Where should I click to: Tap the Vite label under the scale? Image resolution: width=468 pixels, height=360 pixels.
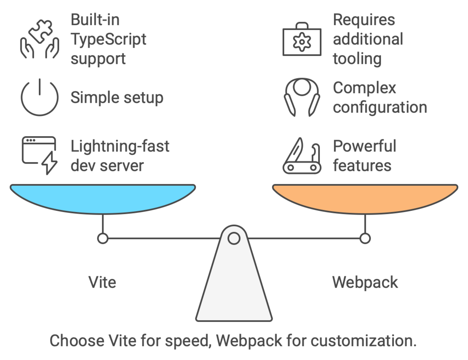pyautogui.click(x=102, y=282)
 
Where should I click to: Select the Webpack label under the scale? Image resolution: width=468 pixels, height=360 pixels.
pyautogui.click(x=365, y=282)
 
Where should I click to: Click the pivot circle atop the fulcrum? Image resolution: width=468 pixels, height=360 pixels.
pyautogui.click(x=234, y=238)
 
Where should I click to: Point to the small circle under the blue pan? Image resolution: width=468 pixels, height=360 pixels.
pyautogui.click(x=103, y=238)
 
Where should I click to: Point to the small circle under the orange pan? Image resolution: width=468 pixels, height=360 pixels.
pyautogui.click(x=365, y=238)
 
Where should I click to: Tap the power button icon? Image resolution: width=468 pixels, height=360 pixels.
pyautogui.click(x=39, y=97)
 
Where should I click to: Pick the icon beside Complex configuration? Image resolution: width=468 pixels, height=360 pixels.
pyautogui.click(x=302, y=97)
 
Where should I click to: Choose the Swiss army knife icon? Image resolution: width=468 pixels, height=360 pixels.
pyautogui.click(x=302, y=156)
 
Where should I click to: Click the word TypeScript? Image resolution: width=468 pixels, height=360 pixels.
pyautogui.click(x=108, y=39)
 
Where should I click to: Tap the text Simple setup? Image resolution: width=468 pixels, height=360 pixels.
pyautogui.click(x=117, y=98)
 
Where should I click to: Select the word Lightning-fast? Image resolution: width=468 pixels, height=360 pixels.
pyautogui.click(x=120, y=146)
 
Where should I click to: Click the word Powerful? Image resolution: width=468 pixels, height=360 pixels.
pyautogui.click(x=364, y=146)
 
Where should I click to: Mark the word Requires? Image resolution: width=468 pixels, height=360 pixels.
pyautogui.click(x=364, y=20)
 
